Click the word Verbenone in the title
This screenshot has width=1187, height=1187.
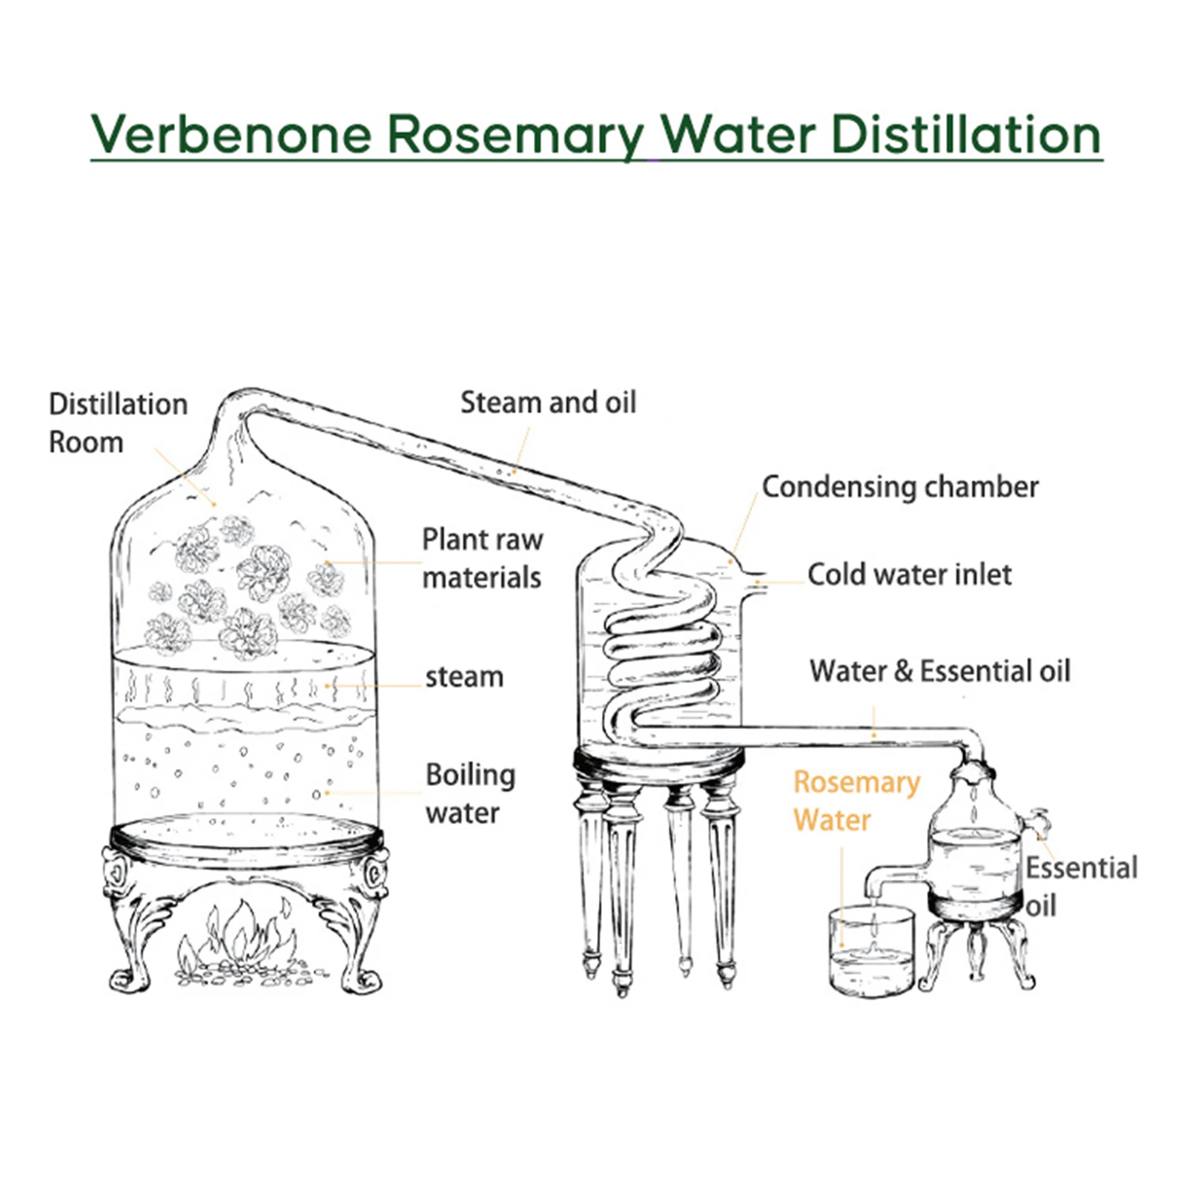[231, 135]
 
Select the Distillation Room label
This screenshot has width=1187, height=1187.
[117, 423]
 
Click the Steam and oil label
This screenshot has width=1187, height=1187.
[548, 403]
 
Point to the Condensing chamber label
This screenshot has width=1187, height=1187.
[899, 487]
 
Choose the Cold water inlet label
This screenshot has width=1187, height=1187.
[909, 575]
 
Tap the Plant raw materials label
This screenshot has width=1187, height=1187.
[482, 558]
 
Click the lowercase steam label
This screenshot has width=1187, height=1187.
[464, 677]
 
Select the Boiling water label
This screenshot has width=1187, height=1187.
[470, 793]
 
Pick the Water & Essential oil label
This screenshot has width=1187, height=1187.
[939, 671]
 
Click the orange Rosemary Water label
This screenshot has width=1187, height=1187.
[856, 801]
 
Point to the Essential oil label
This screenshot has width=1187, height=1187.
[1080, 886]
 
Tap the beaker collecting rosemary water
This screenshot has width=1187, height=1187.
[870, 953]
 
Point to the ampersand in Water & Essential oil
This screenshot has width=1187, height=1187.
[903, 671]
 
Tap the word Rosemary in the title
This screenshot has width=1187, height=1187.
[516, 135]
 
